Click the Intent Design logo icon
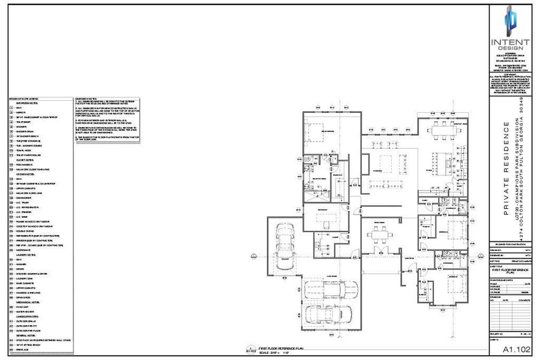[509, 22]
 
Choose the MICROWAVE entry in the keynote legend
[24, 250]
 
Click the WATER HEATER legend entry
[25, 311]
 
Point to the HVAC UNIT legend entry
[23, 306]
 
